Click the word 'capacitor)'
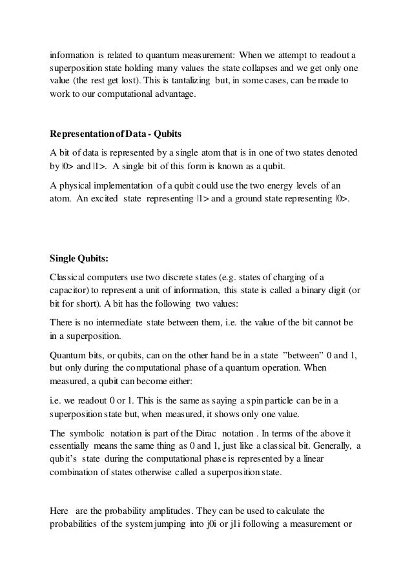point(73,290)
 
